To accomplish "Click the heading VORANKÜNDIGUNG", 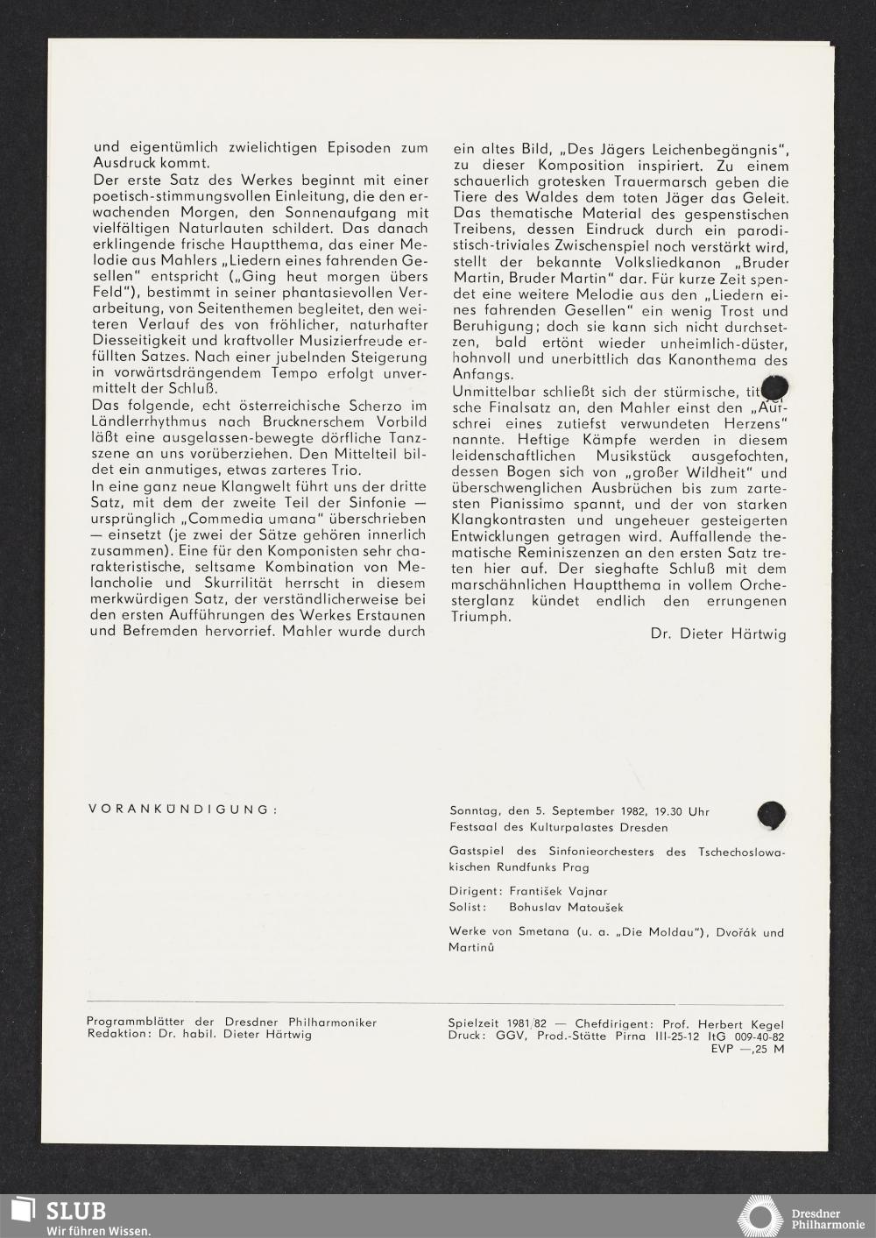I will (x=182, y=809).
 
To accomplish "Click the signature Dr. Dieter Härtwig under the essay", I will (x=718, y=633).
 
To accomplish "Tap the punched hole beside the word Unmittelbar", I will (x=775, y=387).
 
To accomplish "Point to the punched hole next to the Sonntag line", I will (x=772, y=815).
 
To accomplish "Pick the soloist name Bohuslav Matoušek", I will (x=566, y=908).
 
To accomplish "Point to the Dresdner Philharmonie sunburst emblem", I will (x=759, y=1217).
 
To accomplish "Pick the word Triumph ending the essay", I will (x=480, y=617).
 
